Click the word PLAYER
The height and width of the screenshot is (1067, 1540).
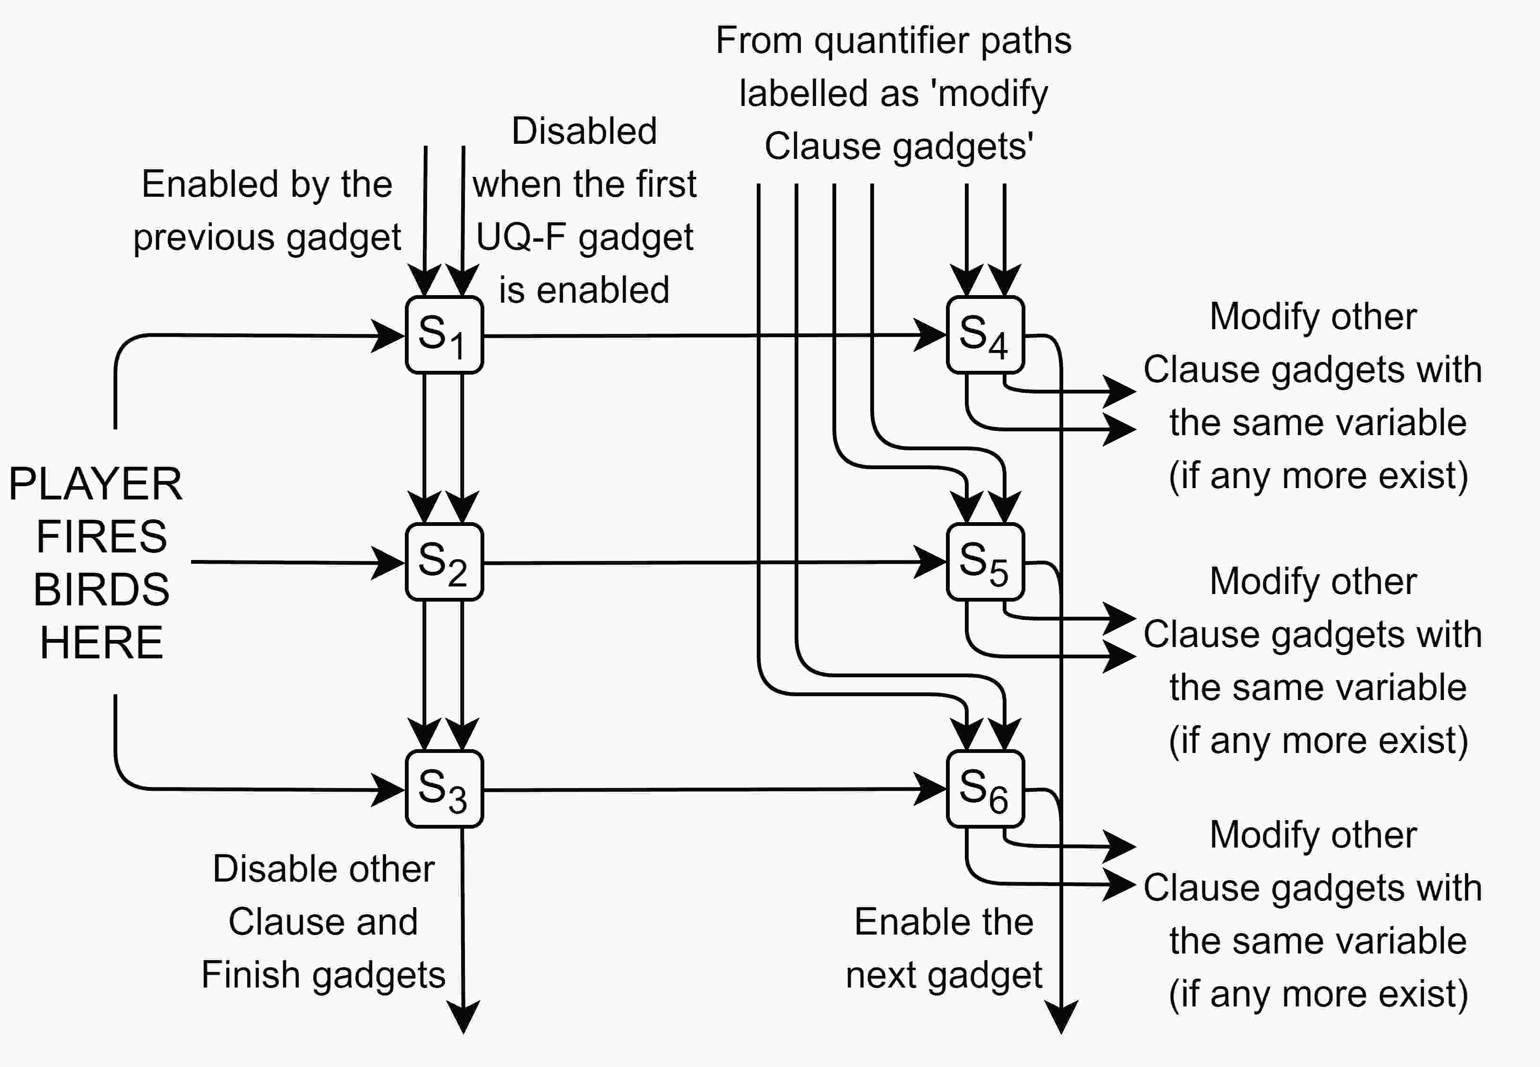[x=95, y=484]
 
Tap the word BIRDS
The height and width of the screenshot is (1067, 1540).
[x=102, y=590]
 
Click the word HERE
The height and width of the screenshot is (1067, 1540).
[x=102, y=642]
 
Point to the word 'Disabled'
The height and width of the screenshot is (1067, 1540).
[x=584, y=131]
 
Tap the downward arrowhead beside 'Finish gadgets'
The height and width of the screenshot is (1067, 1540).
[x=463, y=1017]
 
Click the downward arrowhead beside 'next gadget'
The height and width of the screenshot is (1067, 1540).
[x=1061, y=1017]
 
